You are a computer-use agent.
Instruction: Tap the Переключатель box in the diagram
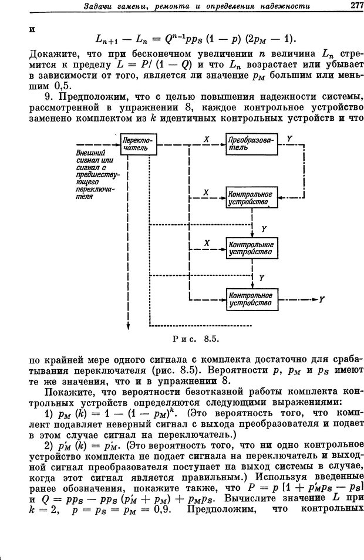click(x=139, y=144)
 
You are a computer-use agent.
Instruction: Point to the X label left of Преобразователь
click(x=206, y=140)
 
